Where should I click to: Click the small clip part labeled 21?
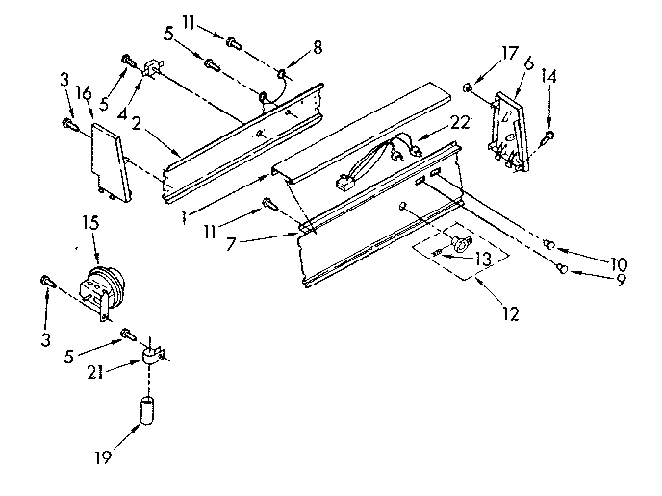click(152, 357)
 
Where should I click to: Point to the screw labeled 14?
click(544, 136)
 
